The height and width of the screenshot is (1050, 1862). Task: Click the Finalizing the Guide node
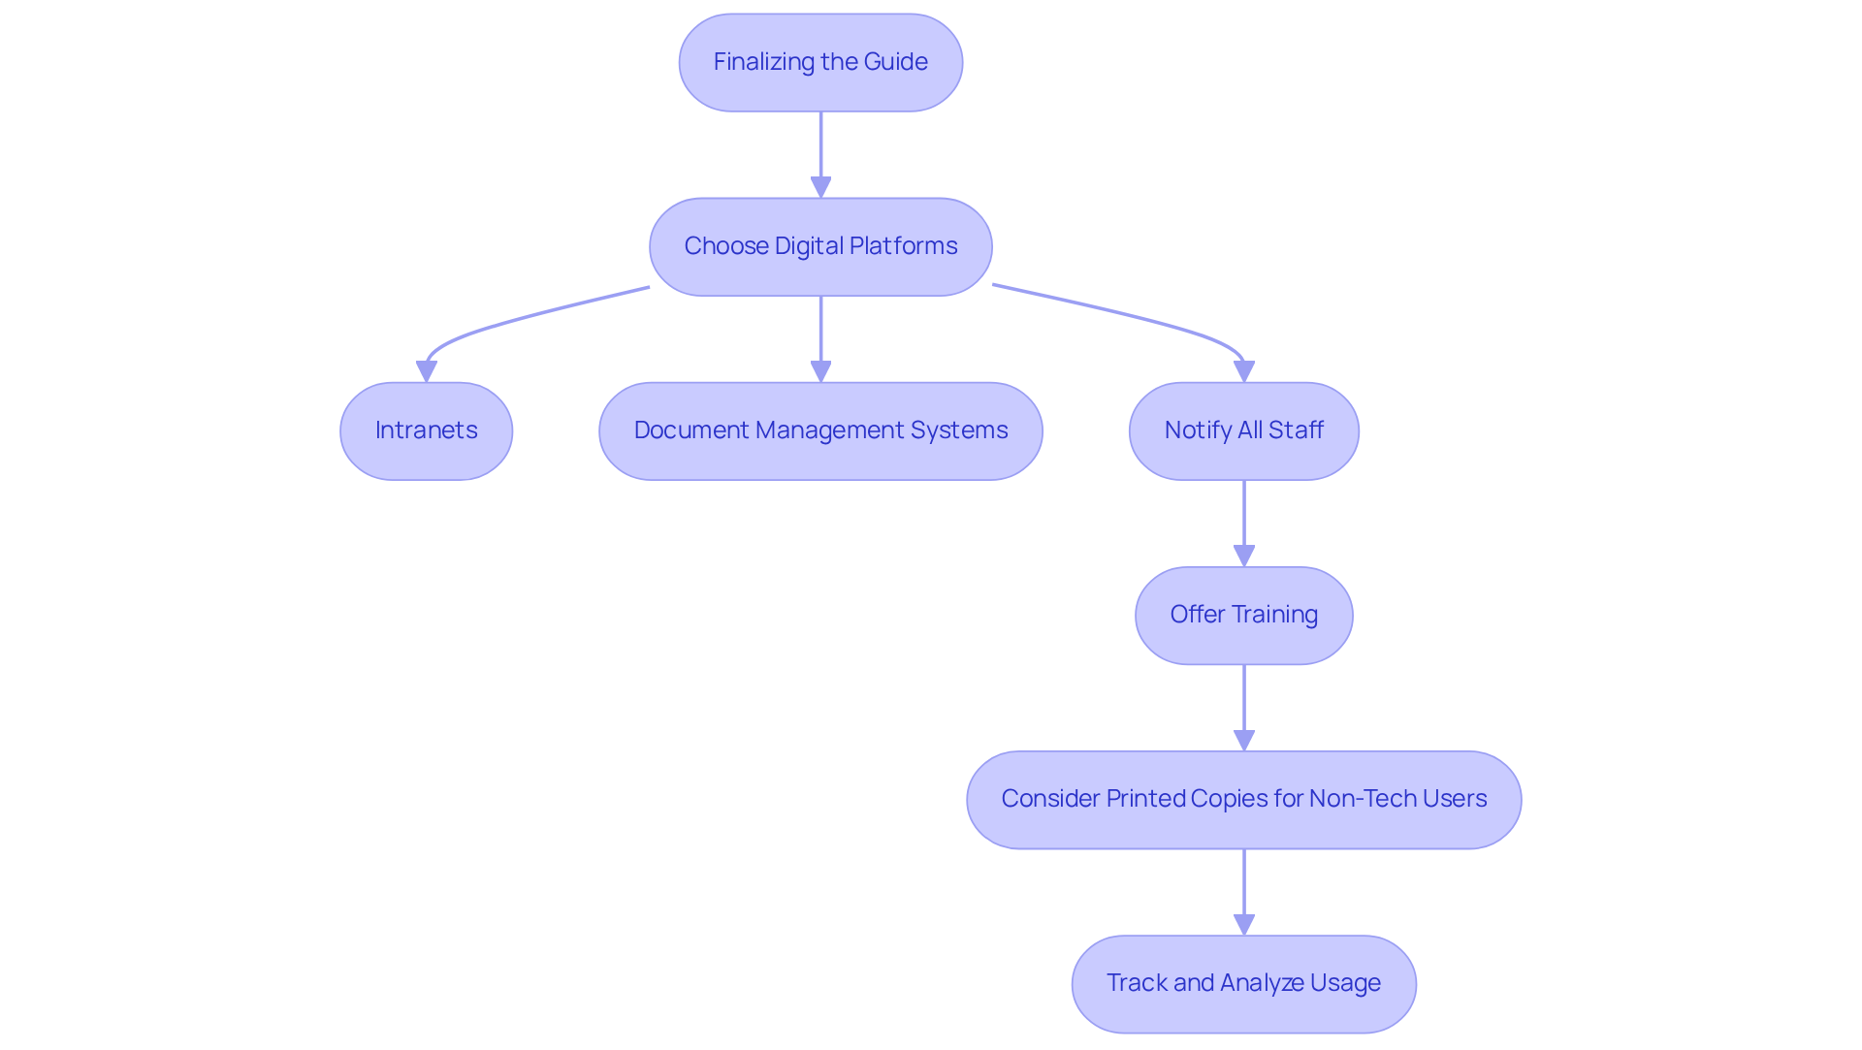click(x=820, y=62)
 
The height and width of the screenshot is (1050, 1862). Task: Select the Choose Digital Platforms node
click(x=820, y=246)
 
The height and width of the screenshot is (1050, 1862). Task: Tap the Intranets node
click(x=426, y=430)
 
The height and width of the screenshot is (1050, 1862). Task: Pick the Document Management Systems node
click(x=820, y=430)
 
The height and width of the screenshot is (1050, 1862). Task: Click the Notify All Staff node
click(x=1243, y=430)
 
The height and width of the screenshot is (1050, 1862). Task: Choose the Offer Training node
click(x=1243, y=615)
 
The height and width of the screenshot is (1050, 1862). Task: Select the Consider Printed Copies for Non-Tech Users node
click(x=1243, y=799)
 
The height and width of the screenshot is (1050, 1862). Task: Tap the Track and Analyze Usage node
click(x=1243, y=983)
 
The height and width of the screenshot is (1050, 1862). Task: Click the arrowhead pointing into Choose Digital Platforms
click(x=820, y=187)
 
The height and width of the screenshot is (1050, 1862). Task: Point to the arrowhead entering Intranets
click(x=426, y=371)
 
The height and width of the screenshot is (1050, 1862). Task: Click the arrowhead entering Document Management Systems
click(x=820, y=371)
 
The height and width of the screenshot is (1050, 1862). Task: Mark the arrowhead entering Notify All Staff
click(x=1243, y=371)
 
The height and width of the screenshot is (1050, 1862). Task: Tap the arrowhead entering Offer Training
click(x=1243, y=556)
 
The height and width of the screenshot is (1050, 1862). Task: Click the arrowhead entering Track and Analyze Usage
click(x=1243, y=924)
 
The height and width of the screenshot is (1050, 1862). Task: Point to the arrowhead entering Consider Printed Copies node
click(x=1243, y=740)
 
